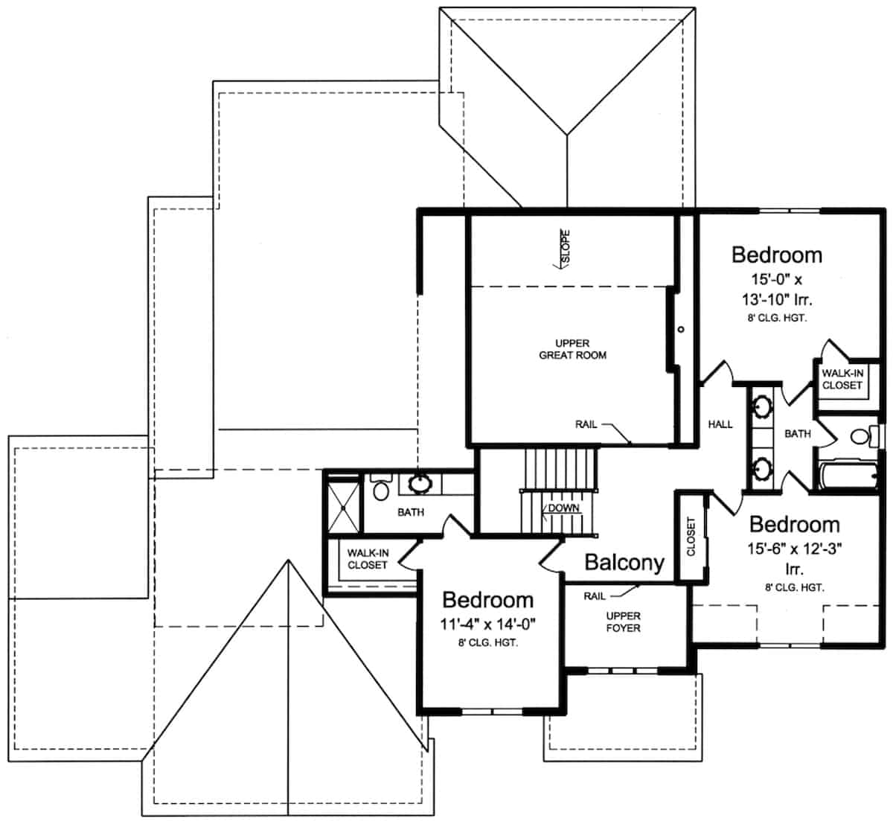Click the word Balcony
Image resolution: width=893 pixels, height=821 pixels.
pos(624,563)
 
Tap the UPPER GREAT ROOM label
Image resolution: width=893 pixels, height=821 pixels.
pos(572,350)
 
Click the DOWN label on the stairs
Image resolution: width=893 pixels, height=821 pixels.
pos(563,508)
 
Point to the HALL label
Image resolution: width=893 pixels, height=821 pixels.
pos(720,424)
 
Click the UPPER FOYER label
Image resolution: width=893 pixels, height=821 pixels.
pos(623,622)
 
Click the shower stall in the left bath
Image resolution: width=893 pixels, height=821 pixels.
pos(343,505)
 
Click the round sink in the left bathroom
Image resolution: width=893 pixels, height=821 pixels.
pos(420,485)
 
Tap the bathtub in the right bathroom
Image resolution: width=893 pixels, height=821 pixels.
pos(848,476)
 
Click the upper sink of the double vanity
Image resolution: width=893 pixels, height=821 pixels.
pos(762,408)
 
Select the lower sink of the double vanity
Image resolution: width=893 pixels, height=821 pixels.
pos(762,469)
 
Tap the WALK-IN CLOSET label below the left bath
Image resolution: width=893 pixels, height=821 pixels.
pos(367,559)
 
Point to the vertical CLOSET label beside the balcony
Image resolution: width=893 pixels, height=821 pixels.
pos(691,536)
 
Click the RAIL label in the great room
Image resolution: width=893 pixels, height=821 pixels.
pos(586,424)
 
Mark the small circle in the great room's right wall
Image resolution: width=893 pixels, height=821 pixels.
pos(681,329)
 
